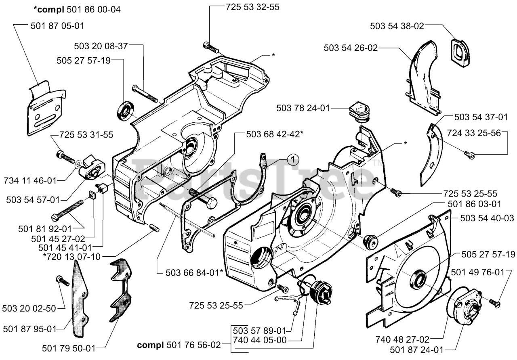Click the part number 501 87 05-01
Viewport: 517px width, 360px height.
[57, 26]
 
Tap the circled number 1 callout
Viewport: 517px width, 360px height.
[293, 159]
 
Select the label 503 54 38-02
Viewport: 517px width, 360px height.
[397, 26]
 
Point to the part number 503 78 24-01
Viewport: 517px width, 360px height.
[303, 108]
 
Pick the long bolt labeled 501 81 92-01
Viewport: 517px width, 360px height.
[67, 209]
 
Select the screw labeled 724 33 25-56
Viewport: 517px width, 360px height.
[469, 155]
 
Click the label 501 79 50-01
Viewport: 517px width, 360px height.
[69, 348]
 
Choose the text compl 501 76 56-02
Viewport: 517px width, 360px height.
[179, 345]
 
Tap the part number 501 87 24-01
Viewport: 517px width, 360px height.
[416, 350]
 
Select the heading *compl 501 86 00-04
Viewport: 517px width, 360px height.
[77, 10]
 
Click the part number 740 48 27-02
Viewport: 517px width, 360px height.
[402, 339]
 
